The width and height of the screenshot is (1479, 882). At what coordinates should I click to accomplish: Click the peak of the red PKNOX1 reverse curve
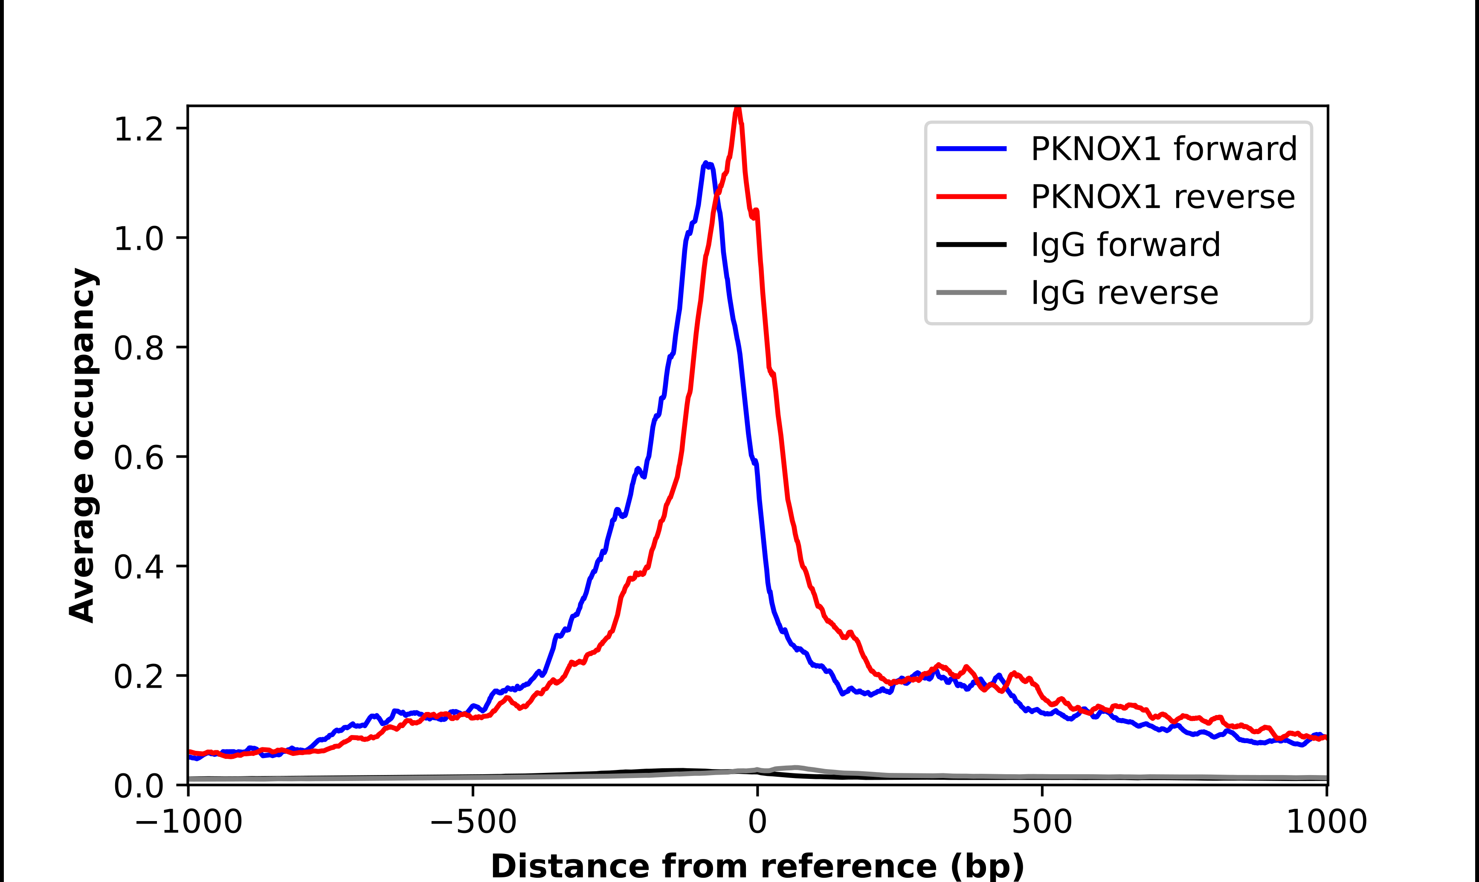pyautogui.click(x=737, y=109)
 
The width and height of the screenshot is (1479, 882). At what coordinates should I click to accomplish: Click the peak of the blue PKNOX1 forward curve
pyautogui.click(x=705, y=163)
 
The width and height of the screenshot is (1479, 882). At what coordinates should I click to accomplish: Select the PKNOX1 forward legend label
pyautogui.click(x=1163, y=149)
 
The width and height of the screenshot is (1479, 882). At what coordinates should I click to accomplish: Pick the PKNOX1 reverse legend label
pyautogui.click(x=1163, y=197)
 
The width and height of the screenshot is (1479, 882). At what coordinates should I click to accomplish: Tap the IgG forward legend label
pyautogui.click(x=1125, y=245)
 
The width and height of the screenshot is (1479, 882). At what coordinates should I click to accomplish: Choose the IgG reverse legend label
pyautogui.click(x=1124, y=293)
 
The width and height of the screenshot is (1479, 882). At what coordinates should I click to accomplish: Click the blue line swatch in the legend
pyautogui.click(x=971, y=149)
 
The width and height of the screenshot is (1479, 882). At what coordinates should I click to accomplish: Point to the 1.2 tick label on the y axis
pyautogui.click(x=138, y=129)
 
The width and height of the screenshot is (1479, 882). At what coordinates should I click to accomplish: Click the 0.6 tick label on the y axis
pyautogui.click(x=138, y=458)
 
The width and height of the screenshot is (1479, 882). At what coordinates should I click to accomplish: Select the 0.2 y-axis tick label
pyautogui.click(x=138, y=676)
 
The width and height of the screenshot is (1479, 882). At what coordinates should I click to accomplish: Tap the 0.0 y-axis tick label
pyautogui.click(x=138, y=786)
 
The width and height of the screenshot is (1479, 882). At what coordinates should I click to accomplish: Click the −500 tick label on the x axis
pyautogui.click(x=473, y=822)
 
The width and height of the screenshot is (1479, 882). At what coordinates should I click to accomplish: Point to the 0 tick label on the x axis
pyautogui.click(x=758, y=822)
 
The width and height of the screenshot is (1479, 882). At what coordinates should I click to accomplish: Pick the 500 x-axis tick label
pyautogui.click(x=1042, y=822)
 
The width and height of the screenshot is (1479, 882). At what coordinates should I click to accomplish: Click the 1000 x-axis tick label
pyautogui.click(x=1326, y=822)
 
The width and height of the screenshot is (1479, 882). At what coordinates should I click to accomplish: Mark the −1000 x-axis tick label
pyautogui.click(x=188, y=822)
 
